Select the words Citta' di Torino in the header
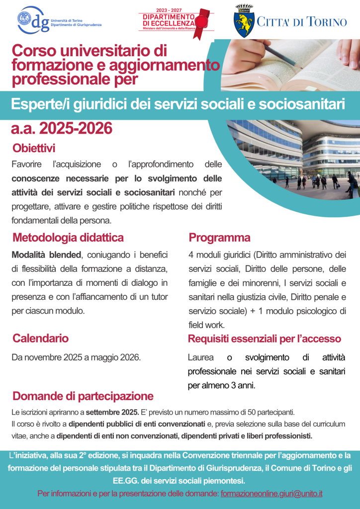click(302, 21)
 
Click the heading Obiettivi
click(34, 148)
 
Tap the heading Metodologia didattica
click(68, 238)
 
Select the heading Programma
click(219, 238)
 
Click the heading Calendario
click(40, 339)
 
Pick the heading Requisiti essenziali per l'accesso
click(264, 339)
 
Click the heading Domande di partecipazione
click(83, 396)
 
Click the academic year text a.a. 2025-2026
click(62, 129)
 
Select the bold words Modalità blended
click(46, 255)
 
